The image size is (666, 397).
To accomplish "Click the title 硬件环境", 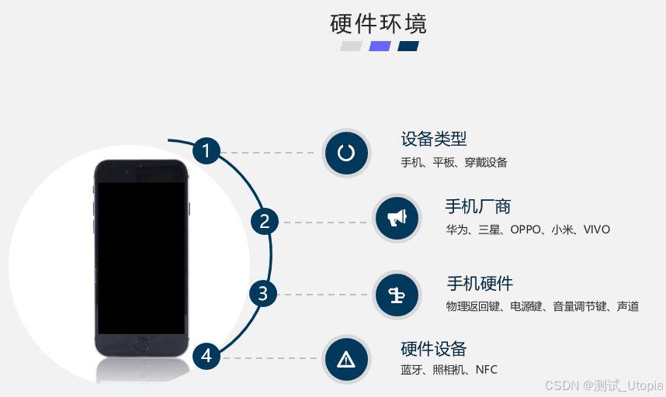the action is click(x=379, y=23).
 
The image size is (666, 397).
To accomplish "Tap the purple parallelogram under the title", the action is click(x=380, y=46).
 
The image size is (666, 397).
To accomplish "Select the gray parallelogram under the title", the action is click(x=351, y=46).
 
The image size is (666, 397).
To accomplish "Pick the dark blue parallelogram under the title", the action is click(x=408, y=46).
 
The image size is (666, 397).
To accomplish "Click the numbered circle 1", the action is click(x=206, y=150).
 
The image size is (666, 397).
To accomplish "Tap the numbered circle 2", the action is click(x=264, y=222).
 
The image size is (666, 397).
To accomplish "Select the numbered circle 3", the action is click(x=263, y=294).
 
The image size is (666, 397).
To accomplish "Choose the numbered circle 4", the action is click(x=206, y=356).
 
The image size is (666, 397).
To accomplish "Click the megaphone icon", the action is click(x=397, y=218).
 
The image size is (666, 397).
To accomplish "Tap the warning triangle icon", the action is click(x=346, y=359).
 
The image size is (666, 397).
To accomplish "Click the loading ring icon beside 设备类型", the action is click(x=346, y=152).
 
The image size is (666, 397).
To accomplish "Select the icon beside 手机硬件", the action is click(x=397, y=295).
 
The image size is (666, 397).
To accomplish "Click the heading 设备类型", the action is click(x=434, y=139).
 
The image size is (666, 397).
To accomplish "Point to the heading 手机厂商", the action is click(x=477, y=206).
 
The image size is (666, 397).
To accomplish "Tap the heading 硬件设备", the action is click(x=434, y=348).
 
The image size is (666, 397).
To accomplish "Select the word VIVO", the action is click(x=597, y=230).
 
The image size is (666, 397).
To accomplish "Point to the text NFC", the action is click(x=486, y=370).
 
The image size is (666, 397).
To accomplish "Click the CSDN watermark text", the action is click(x=603, y=385).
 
